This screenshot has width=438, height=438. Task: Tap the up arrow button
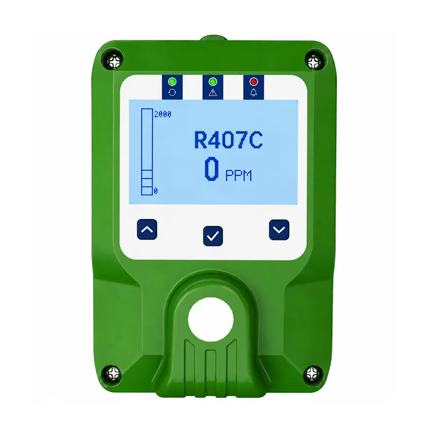coord(147,229)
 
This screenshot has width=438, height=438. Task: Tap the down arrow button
coord(279,230)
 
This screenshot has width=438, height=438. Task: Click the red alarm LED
coord(254,82)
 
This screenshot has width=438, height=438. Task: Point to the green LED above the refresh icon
coord(172,82)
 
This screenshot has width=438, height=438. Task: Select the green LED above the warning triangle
coord(213,82)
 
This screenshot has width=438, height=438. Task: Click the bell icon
coord(254,92)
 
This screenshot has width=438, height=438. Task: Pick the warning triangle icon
coord(213,92)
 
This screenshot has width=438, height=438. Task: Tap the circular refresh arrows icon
coord(172,92)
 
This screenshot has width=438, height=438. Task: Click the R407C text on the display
coord(228,140)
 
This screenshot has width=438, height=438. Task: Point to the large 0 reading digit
coord(212,169)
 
